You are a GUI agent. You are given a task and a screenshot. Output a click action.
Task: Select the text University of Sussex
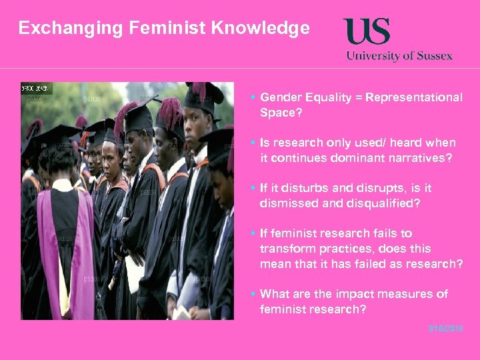[399, 55]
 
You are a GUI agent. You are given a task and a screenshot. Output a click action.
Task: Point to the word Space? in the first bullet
[281, 113]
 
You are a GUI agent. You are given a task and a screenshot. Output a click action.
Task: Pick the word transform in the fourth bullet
[287, 249]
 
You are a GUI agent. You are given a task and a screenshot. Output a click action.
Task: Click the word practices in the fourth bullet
[343, 249]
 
